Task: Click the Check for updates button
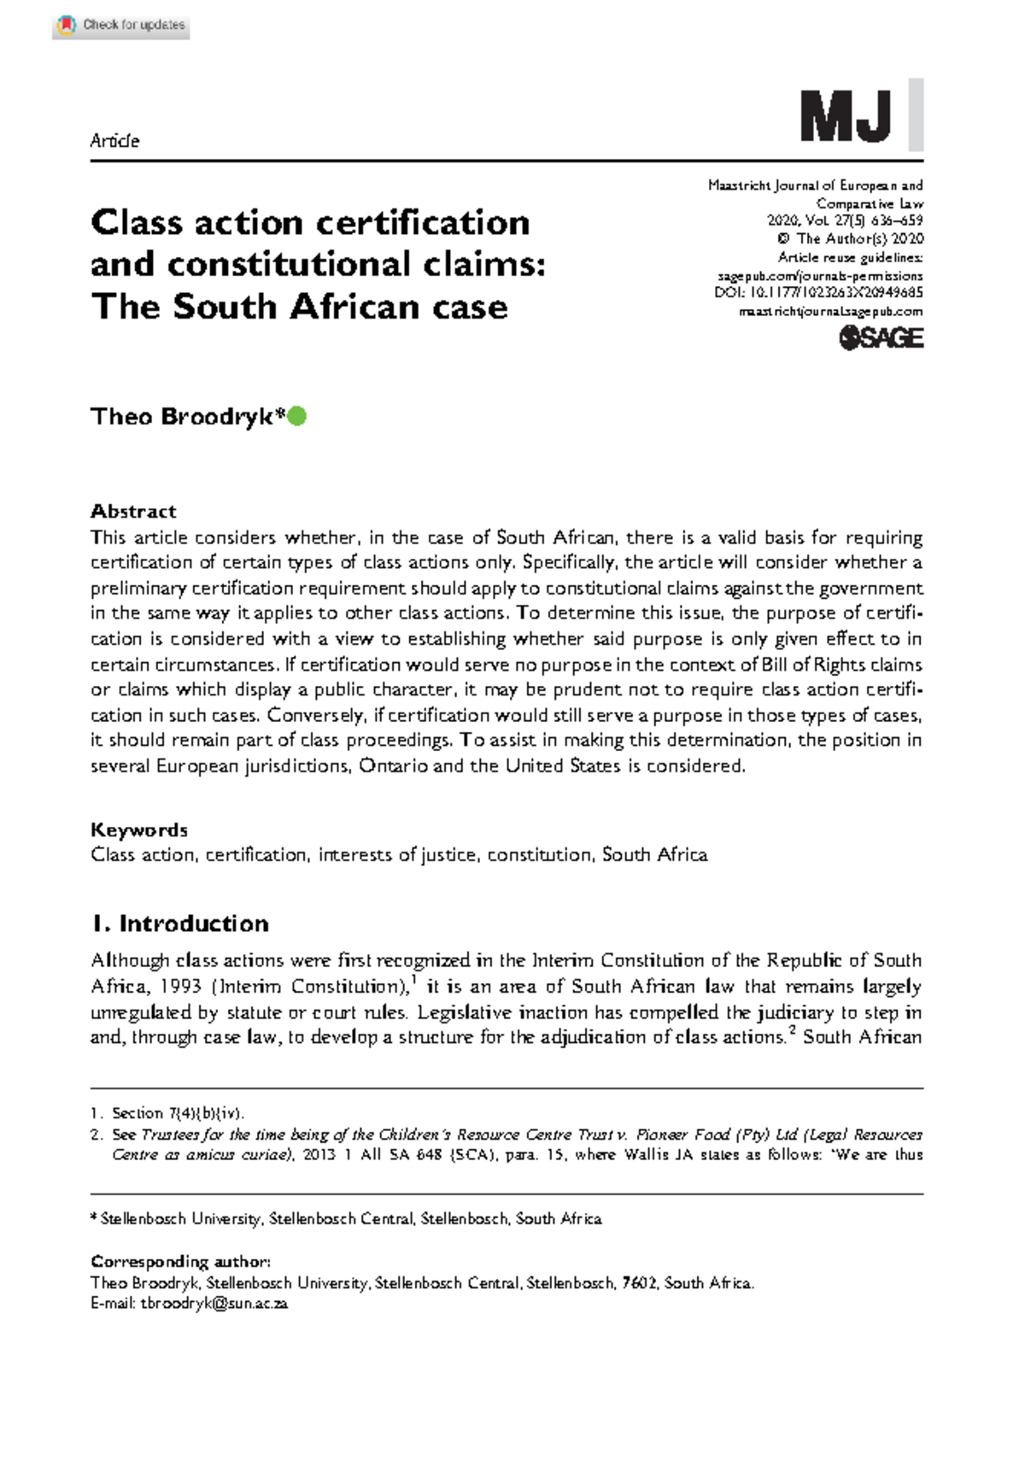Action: click(x=120, y=26)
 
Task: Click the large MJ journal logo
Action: click(x=846, y=117)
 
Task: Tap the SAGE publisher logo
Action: click(x=881, y=338)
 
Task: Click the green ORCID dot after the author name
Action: click(x=296, y=417)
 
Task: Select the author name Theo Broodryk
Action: click(x=186, y=417)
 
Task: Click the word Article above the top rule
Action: click(x=114, y=141)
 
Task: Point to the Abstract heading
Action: click(x=133, y=511)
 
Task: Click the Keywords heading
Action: click(x=138, y=830)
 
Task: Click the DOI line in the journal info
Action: click(x=817, y=293)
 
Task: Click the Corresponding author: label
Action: click(x=180, y=1261)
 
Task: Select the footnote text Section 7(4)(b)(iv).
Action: click(x=178, y=1113)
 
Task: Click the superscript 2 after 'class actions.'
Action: click(x=791, y=1031)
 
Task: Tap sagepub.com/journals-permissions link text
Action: click(x=819, y=276)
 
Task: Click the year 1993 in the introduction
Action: click(x=180, y=987)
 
